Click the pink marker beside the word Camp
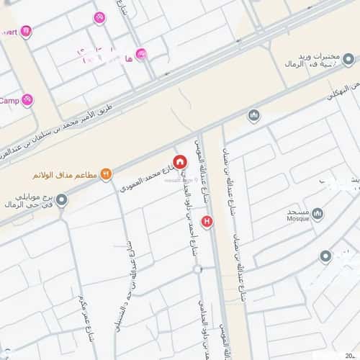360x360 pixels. pyautogui.click(x=27, y=100)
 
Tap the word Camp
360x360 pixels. pyautogui.click(x=9, y=100)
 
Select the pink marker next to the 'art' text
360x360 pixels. pyautogui.click(x=26, y=31)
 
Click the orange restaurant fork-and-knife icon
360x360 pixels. pyautogui.click(x=107, y=174)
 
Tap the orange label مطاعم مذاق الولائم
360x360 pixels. pyautogui.click(x=65, y=174)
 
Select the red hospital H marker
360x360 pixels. pyautogui.click(x=208, y=221)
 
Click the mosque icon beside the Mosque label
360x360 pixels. pyautogui.click(x=318, y=214)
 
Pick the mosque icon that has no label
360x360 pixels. pyautogui.click(x=253, y=116)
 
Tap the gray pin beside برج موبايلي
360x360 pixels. pyautogui.click(x=62, y=200)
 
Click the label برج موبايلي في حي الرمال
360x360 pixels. pyautogui.click(x=29, y=201)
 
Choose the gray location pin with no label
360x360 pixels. pyautogui.click(x=325, y=257)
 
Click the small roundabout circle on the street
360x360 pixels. pyautogui.click(x=198, y=269)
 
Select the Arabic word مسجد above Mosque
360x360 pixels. pyautogui.click(x=297, y=210)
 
